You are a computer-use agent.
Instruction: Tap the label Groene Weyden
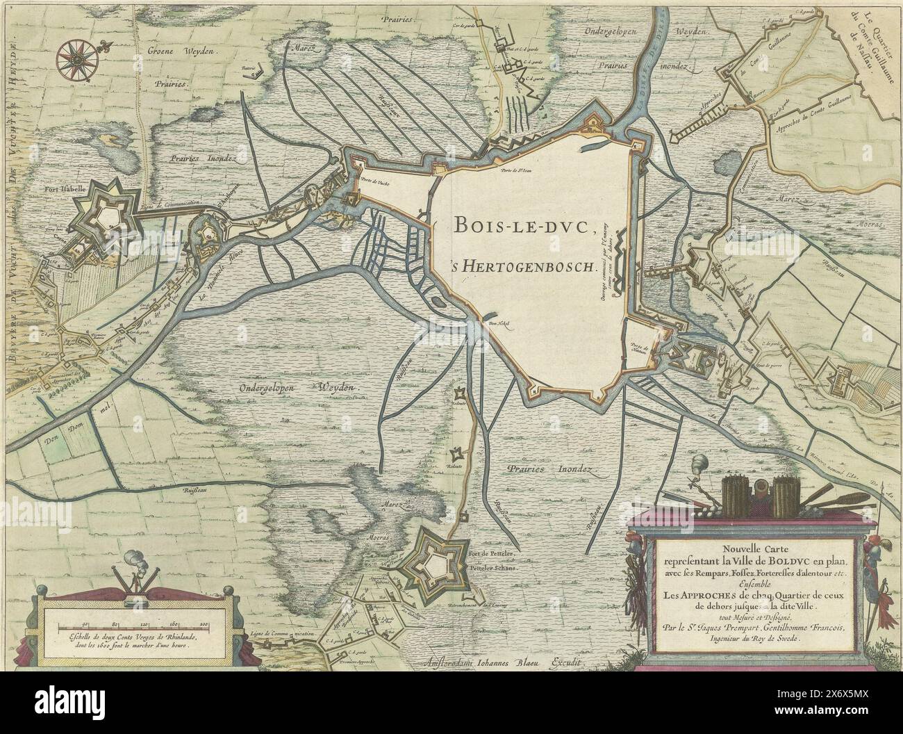click(180, 52)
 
